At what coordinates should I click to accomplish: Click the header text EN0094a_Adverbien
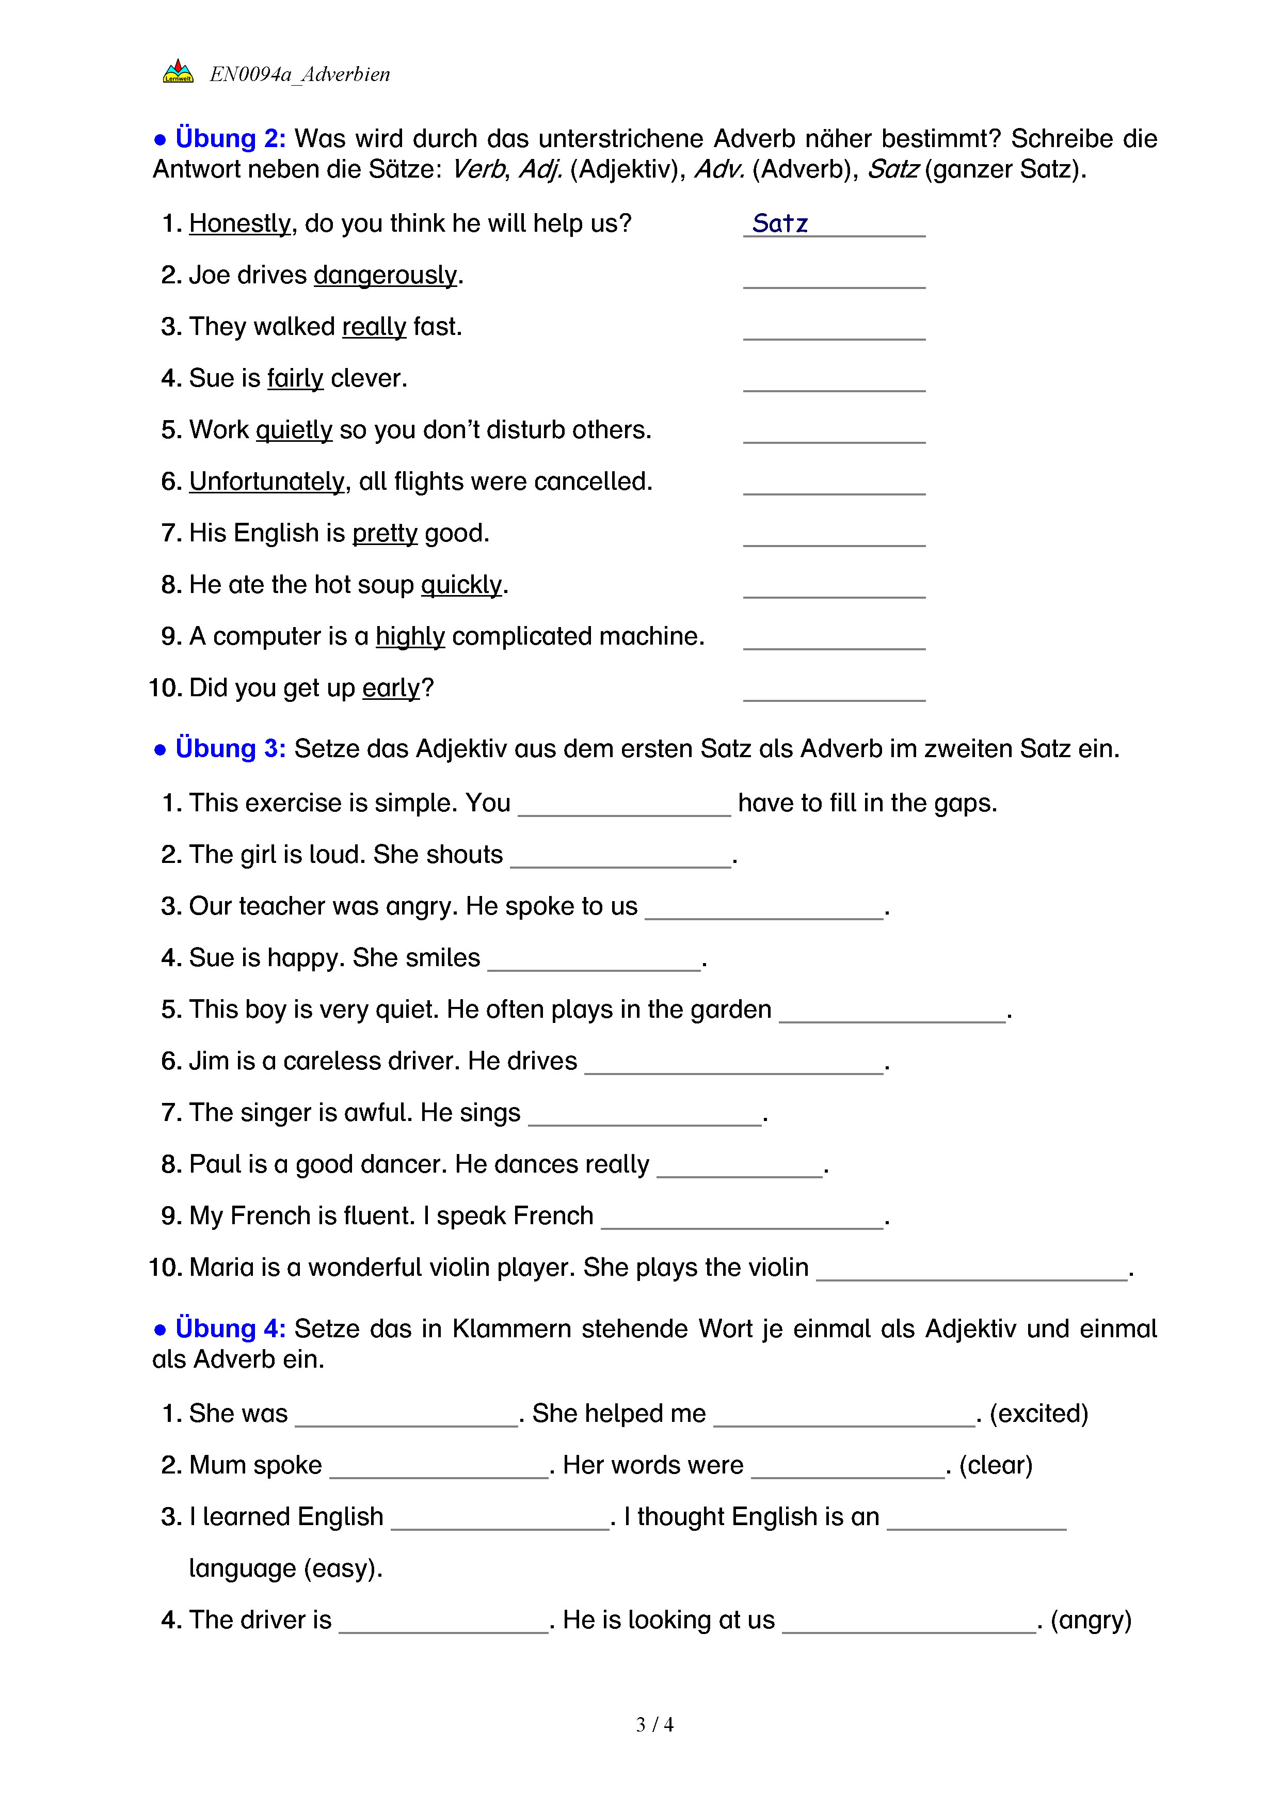coord(299,74)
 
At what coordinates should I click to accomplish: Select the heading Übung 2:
coord(229,139)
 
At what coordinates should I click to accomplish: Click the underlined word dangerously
coord(386,275)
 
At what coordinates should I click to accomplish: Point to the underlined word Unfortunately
coord(267,482)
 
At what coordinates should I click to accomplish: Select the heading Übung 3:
coord(229,749)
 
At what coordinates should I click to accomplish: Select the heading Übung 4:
coord(229,1329)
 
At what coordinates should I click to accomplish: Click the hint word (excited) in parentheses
coord(1039,1414)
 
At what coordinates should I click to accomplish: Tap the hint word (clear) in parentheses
coord(996,1466)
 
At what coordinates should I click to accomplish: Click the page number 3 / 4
coord(654,1725)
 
